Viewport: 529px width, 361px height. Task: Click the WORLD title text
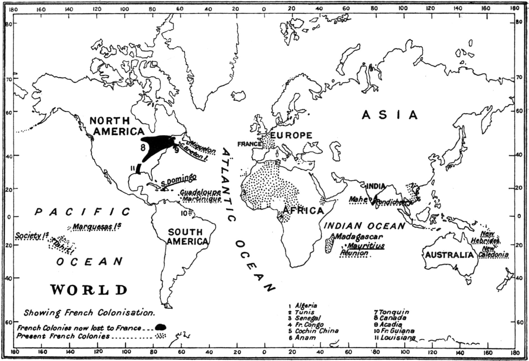[89, 290]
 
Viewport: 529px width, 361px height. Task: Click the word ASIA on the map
[390, 115]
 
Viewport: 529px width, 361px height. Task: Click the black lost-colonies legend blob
[161, 327]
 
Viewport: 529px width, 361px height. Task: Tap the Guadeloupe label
[200, 192]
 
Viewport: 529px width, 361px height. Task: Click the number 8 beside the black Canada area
[143, 147]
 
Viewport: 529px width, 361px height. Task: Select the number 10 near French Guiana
[184, 213]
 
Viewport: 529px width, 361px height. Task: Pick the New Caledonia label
[493, 252]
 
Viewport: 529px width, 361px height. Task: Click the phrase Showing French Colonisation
[89, 313]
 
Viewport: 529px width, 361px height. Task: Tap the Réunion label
[354, 253]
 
